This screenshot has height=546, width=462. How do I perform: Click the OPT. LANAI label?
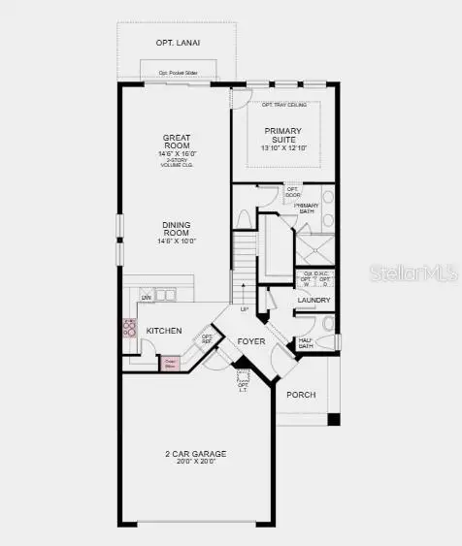click(x=179, y=43)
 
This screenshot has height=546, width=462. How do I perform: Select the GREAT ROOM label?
click(x=175, y=143)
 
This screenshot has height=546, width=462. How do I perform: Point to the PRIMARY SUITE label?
click(x=283, y=136)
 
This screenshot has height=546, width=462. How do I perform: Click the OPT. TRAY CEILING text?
click(x=283, y=105)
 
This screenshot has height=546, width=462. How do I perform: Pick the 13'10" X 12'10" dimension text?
click(x=283, y=148)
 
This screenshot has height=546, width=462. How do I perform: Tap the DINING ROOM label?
click(x=175, y=229)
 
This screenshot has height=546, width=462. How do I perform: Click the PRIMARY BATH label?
click(x=307, y=207)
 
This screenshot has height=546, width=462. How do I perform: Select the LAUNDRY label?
click(x=315, y=301)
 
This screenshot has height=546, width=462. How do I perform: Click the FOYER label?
click(x=251, y=340)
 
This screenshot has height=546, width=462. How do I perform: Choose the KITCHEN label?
click(x=164, y=331)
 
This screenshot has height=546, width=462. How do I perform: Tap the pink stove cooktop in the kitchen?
click(x=128, y=328)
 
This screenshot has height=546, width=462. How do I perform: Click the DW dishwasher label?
click(x=147, y=297)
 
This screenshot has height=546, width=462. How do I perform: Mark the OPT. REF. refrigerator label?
click(x=207, y=339)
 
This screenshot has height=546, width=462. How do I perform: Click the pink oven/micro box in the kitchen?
click(x=171, y=362)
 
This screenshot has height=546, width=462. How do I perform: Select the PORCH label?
click(x=300, y=395)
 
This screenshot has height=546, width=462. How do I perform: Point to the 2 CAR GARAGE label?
click(x=195, y=454)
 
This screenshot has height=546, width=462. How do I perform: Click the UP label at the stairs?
click(x=245, y=309)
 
